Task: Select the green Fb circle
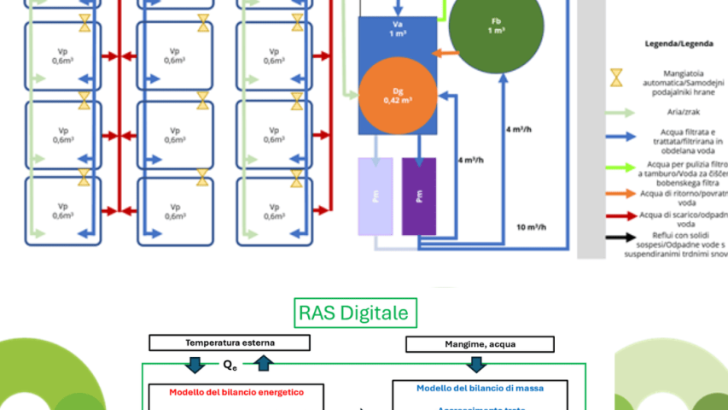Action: (x=496, y=26)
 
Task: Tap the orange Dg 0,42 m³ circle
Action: (x=397, y=95)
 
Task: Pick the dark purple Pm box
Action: (x=419, y=196)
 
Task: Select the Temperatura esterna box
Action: (x=230, y=343)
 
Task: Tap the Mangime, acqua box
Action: (x=474, y=343)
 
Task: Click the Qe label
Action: (x=230, y=364)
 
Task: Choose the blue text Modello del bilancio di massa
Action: (x=480, y=388)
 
